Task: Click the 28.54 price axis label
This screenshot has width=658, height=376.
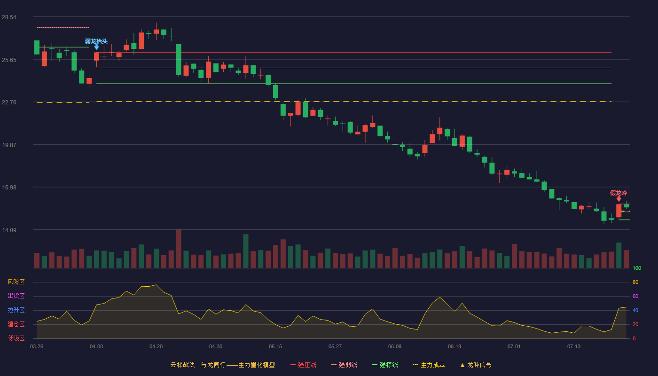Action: [x=9, y=17]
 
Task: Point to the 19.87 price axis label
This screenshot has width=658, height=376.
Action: [x=9, y=145]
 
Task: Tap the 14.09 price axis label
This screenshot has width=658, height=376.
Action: [x=9, y=230]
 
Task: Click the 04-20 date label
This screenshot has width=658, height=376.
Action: [x=156, y=347]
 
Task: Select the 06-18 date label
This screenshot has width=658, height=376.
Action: [x=454, y=347]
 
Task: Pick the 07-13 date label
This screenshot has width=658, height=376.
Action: [x=574, y=347]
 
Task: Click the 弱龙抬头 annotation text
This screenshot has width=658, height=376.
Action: [x=96, y=41]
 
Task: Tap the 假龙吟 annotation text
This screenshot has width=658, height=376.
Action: [x=619, y=193]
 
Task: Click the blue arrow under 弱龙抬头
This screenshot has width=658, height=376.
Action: [x=96, y=47]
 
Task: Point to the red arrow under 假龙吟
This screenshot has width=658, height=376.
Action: [x=619, y=199]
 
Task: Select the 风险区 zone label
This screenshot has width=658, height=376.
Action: [x=16, y=282]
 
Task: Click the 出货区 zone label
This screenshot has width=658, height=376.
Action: [x=16, y=296]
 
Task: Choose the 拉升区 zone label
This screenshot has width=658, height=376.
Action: [x=16, y=310]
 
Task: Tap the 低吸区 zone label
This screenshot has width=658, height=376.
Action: [x=16, y=338]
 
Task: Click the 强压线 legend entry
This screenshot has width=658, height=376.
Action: [x=303, y=365]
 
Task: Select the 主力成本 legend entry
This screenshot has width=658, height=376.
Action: [x=429, y=365]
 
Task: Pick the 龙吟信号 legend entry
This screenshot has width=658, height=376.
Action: [x=476, y=365]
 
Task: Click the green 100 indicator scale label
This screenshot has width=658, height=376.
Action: [x=637, y=268]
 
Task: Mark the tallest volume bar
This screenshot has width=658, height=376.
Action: [x=179, y=249]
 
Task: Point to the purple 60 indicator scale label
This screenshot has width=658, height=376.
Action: [x=635, y=296]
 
